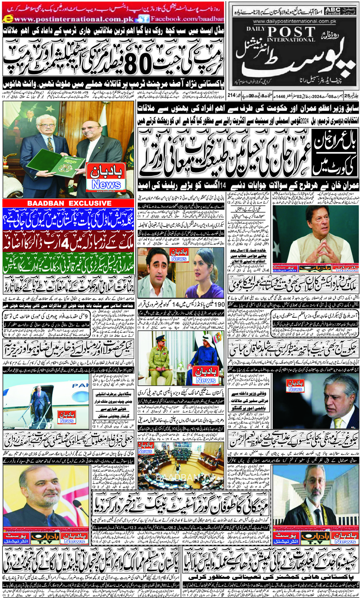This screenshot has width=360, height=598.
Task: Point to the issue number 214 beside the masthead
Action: pos(231,95)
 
